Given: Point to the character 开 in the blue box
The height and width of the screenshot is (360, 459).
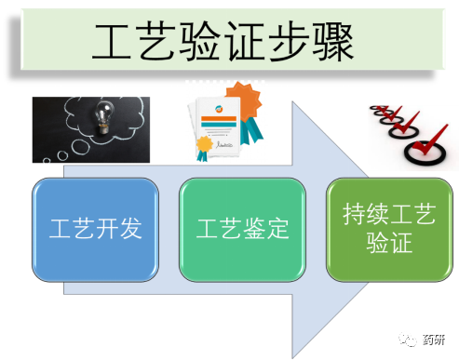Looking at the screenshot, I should pos(107,228).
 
